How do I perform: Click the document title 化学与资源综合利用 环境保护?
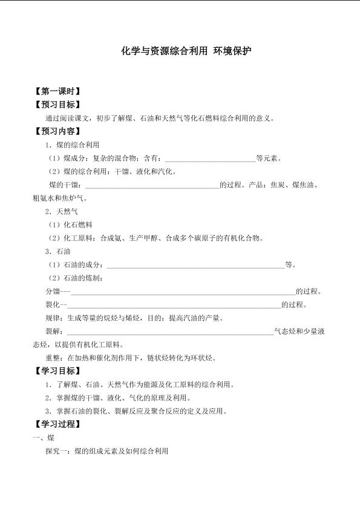point(186,51)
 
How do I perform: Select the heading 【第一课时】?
point(57,92)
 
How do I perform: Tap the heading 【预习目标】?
point(57,105)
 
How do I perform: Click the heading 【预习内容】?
point(57,131)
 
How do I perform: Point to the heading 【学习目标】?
point(57,371)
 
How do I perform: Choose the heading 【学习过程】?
point(57,424)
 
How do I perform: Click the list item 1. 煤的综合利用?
point(72,145)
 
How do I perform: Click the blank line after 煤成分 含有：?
point(210,160)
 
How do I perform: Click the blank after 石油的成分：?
point(195,265)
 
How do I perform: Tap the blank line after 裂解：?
point(170,332)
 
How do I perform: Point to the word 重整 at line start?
point(53,358)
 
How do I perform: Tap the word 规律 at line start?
point(53,318)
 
